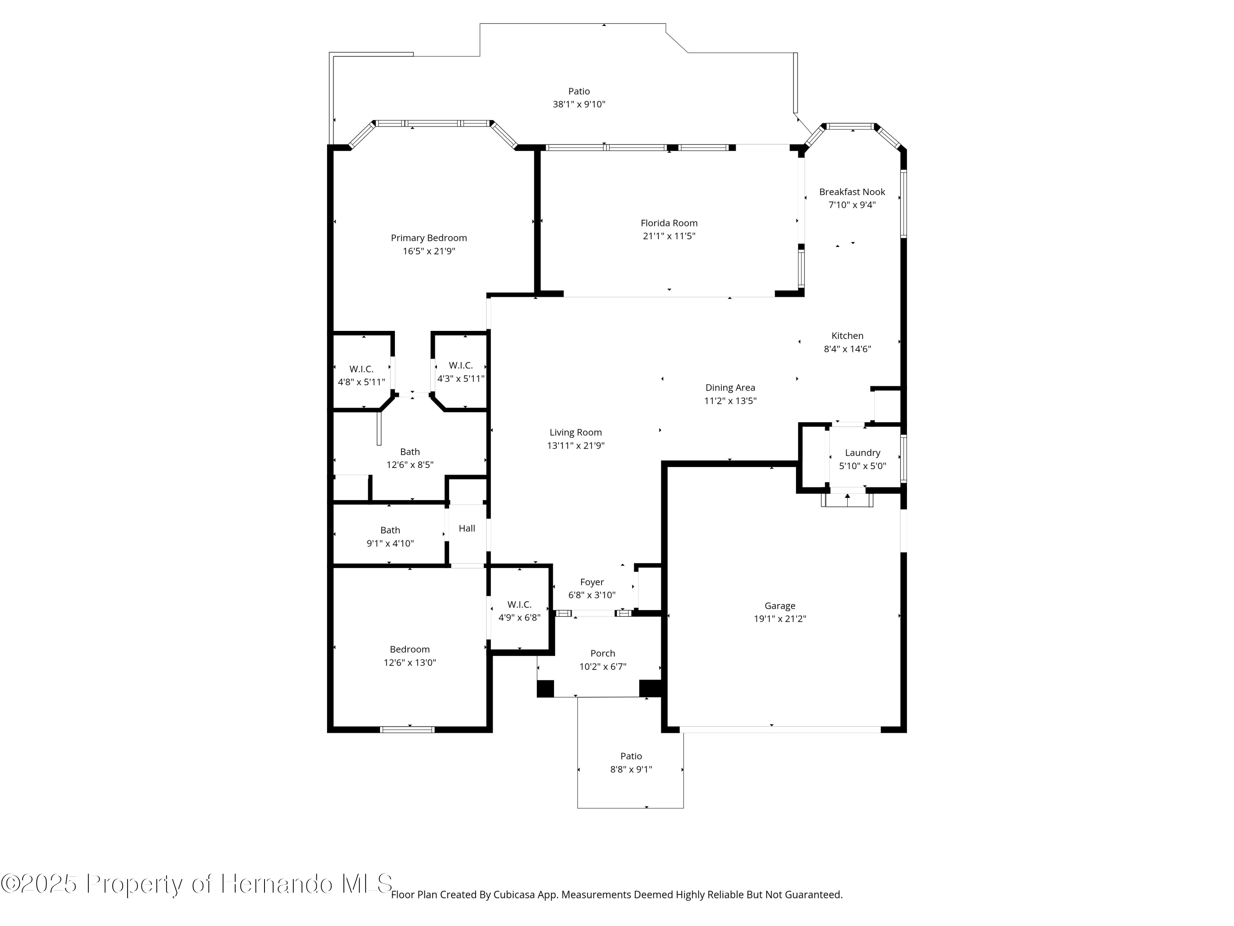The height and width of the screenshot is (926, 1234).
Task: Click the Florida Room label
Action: coord(669,223)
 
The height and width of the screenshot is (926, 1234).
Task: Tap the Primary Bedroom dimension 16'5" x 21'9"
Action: coord(429,251)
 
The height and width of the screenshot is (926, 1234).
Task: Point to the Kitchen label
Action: coord(847,336)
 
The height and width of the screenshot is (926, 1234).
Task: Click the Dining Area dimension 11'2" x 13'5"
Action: coord(730,401)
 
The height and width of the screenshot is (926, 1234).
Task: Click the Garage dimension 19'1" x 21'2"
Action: coord(780,619)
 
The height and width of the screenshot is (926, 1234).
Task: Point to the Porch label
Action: coord(603,654)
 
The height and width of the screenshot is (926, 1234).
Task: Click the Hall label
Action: coord(467,528)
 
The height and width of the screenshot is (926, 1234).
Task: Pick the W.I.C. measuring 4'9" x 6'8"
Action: coord(520,611)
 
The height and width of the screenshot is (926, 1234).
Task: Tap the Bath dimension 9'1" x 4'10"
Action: coord(390,544)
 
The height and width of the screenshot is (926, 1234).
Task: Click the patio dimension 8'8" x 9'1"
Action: coord(631,770)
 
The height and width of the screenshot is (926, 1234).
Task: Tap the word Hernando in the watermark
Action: coord(277,884)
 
